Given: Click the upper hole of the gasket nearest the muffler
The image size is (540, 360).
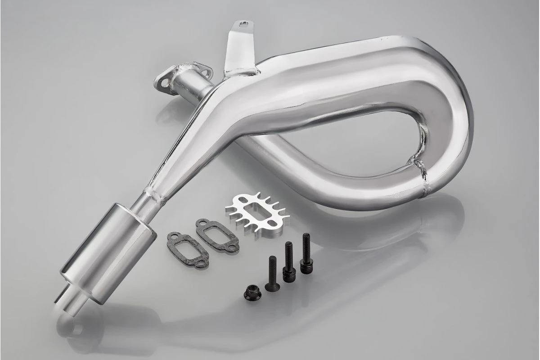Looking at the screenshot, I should click(172, 236).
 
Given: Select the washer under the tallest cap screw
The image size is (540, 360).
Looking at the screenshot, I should click(306, 270).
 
